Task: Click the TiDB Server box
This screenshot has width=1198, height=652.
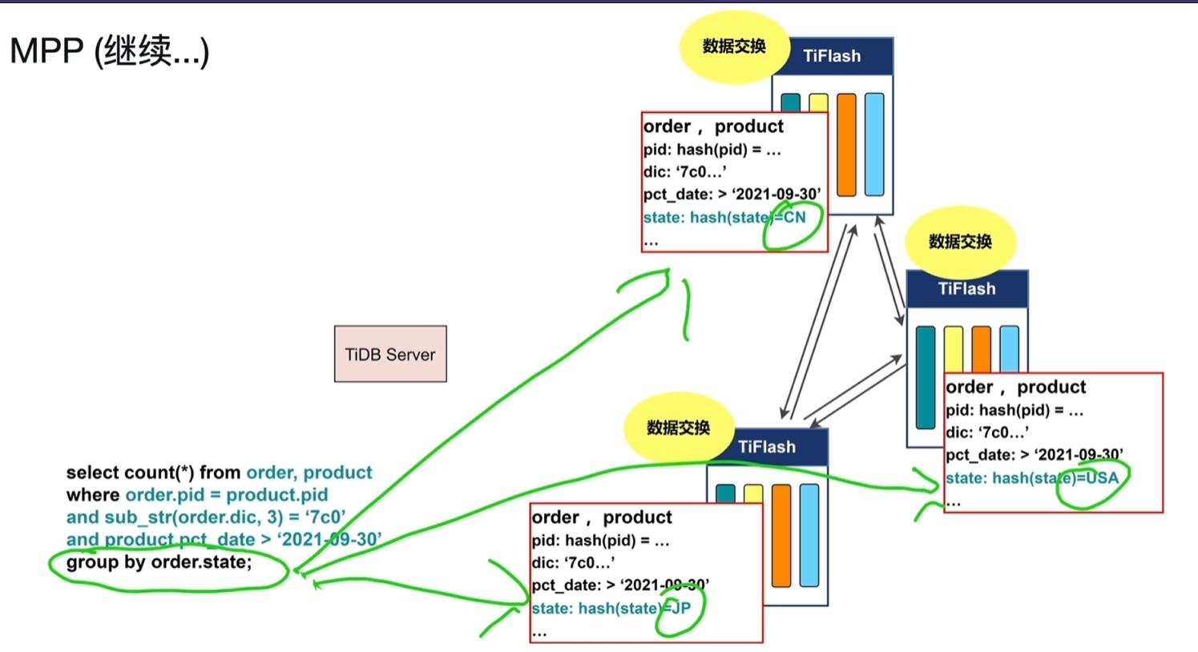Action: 390,354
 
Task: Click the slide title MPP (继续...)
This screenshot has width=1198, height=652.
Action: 109,51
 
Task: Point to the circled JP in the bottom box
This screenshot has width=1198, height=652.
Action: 681,608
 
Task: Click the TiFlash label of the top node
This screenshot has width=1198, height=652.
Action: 832,56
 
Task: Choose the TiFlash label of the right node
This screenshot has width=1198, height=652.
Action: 966,289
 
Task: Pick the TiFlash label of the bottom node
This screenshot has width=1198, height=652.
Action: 767,447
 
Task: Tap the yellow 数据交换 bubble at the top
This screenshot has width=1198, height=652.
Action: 734,46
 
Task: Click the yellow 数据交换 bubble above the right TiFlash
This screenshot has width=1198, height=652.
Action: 960,241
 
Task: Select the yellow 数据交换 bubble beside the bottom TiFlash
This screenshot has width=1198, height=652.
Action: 678,427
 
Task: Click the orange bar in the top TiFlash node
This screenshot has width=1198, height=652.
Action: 846,144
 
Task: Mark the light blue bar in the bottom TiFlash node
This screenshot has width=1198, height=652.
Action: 809,535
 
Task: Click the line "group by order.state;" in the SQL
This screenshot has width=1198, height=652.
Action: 159,562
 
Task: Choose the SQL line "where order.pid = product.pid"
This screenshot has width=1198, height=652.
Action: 197,495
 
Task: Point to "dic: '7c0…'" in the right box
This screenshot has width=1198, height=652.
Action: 987,433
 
